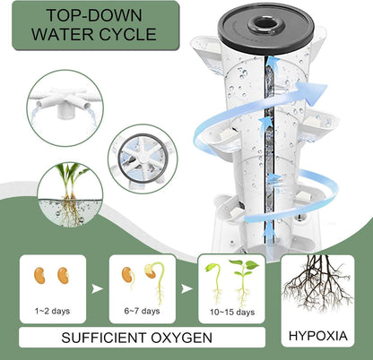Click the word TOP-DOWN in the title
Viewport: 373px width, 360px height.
(86, 17)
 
